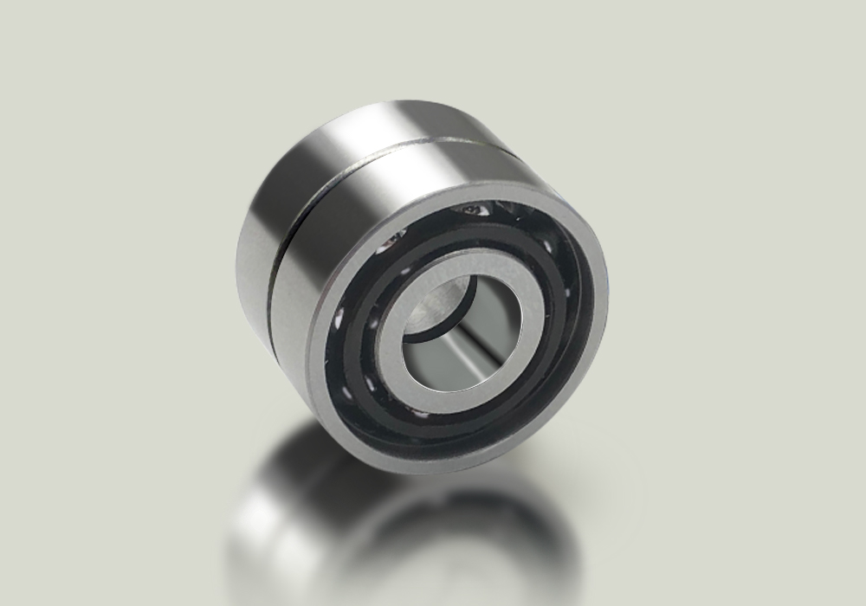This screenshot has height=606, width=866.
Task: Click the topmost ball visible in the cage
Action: click(x=476, y=209)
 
